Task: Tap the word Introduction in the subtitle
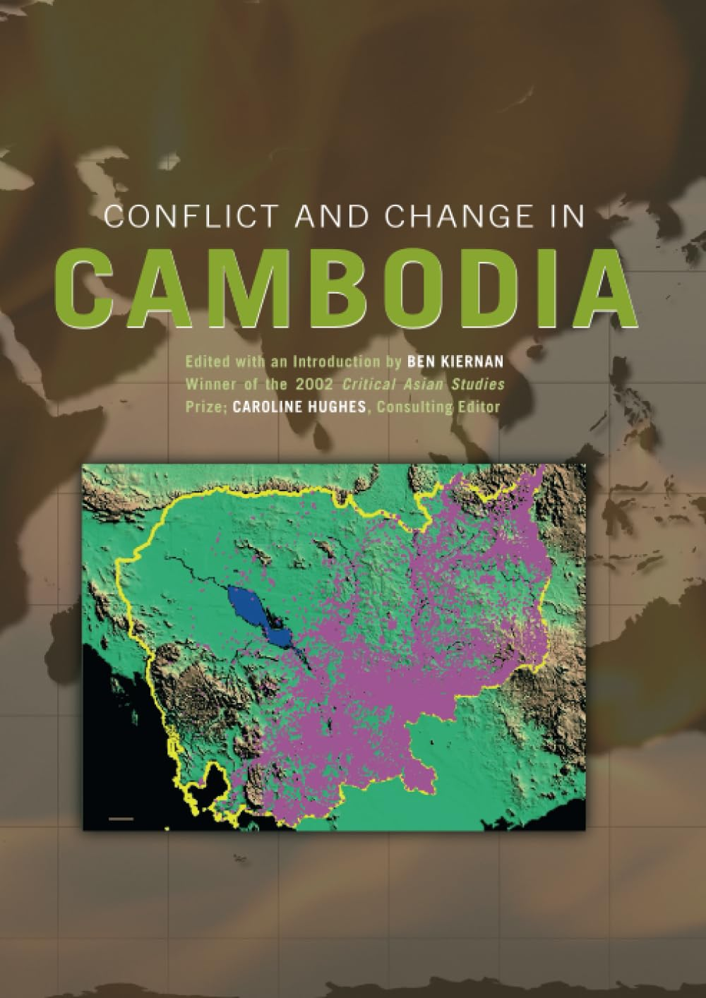[319, 362]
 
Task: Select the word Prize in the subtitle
[201, 407]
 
